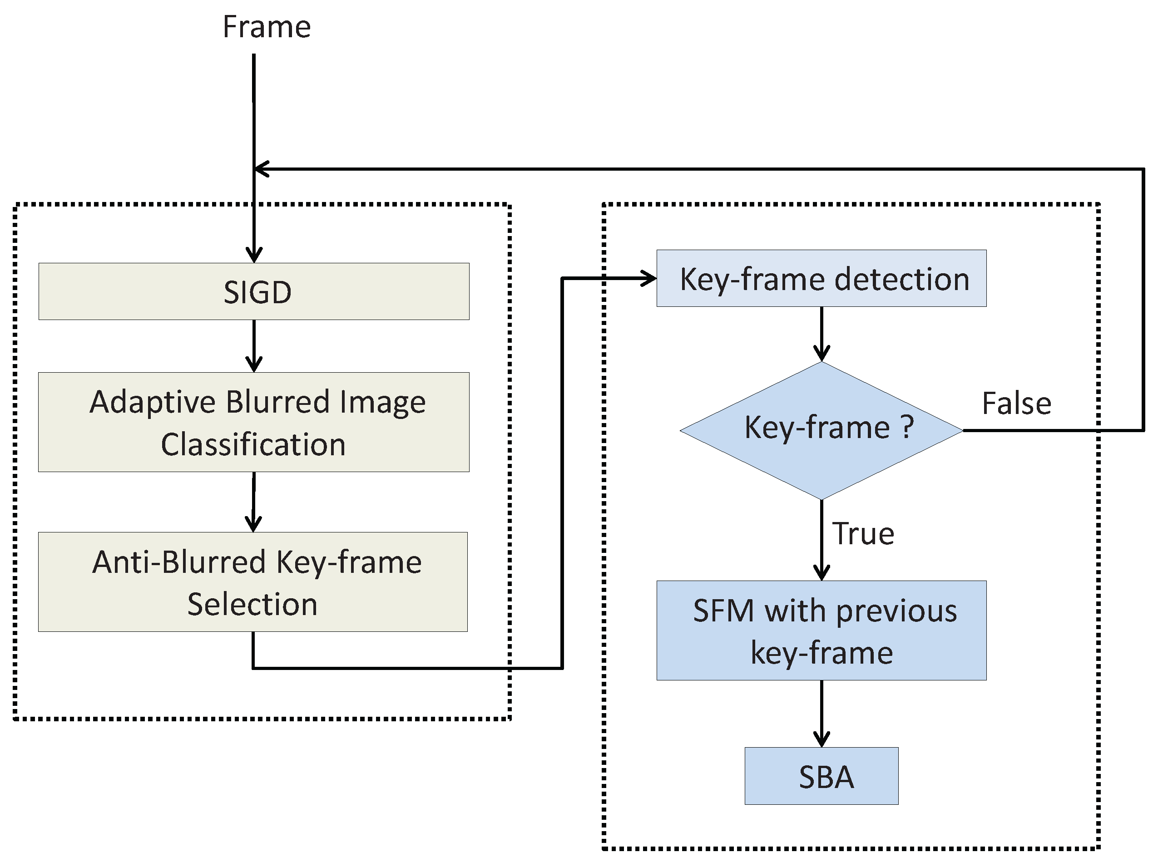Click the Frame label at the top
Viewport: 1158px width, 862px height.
[266, 27]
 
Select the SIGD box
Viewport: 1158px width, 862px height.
[254, 291]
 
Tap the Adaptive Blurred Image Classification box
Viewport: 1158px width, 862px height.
[254, 422]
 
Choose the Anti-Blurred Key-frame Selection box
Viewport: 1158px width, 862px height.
[252, 582]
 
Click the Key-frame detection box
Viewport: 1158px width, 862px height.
[821, 278]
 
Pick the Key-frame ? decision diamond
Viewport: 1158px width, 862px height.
[821, 430]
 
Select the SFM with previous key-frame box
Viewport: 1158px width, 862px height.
[821, 630]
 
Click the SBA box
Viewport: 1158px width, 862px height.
[821, 776]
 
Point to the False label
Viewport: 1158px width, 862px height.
[1016, 404]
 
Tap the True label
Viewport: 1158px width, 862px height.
[863, 533]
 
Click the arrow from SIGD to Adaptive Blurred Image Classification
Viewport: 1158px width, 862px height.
[254, 346]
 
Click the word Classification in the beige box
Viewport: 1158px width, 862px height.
[253, 444]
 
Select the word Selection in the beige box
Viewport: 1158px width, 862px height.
[252, 604]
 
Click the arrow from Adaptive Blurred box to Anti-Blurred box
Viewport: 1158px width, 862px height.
[254, 502]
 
